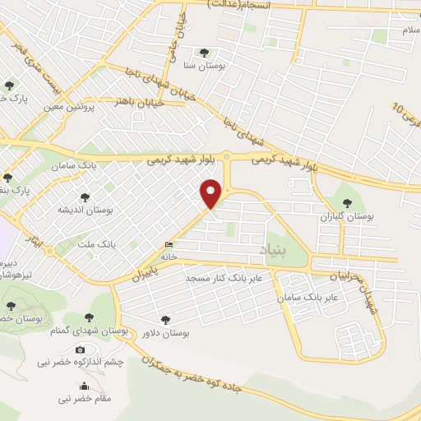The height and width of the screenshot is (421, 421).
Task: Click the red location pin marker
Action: (x=211, y=192)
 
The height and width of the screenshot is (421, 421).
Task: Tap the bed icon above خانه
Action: (x=169, y=244)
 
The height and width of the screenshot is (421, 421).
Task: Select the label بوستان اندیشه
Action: (x=85, y=210)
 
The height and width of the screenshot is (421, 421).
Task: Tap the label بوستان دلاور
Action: (x=167, y=333)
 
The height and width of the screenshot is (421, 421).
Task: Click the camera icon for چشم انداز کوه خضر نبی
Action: (x=80, y=350)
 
